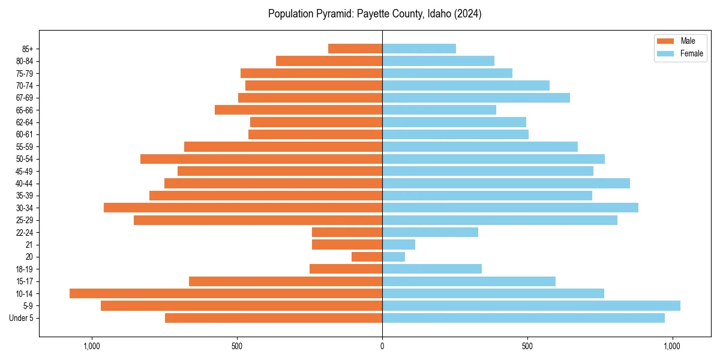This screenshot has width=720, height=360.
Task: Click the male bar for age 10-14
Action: click(x=226, y=293)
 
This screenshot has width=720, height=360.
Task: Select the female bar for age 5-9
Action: click(x=531, y=306)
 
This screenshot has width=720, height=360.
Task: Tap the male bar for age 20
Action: click(x=367, y=257)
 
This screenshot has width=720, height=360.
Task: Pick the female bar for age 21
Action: click(x=398, y=245)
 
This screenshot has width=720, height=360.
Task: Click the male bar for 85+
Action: click(x=355, y=49)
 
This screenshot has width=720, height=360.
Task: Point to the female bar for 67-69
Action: click(x=476, y=98)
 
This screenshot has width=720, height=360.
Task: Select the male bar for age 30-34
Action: click(x=243, y=208)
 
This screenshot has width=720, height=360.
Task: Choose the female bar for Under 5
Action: click(x=523, y=318)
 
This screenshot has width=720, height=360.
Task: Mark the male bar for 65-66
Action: click(x=298, y=110)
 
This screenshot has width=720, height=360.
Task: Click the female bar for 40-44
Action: click(x=506, y=184)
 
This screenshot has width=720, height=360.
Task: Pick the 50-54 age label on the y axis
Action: click(x=25, y=159)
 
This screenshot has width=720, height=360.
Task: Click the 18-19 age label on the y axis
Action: click(x=25, y=269)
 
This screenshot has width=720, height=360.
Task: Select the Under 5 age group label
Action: click(x=22, y=318)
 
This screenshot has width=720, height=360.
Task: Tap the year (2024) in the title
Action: click(x=467, y=14)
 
